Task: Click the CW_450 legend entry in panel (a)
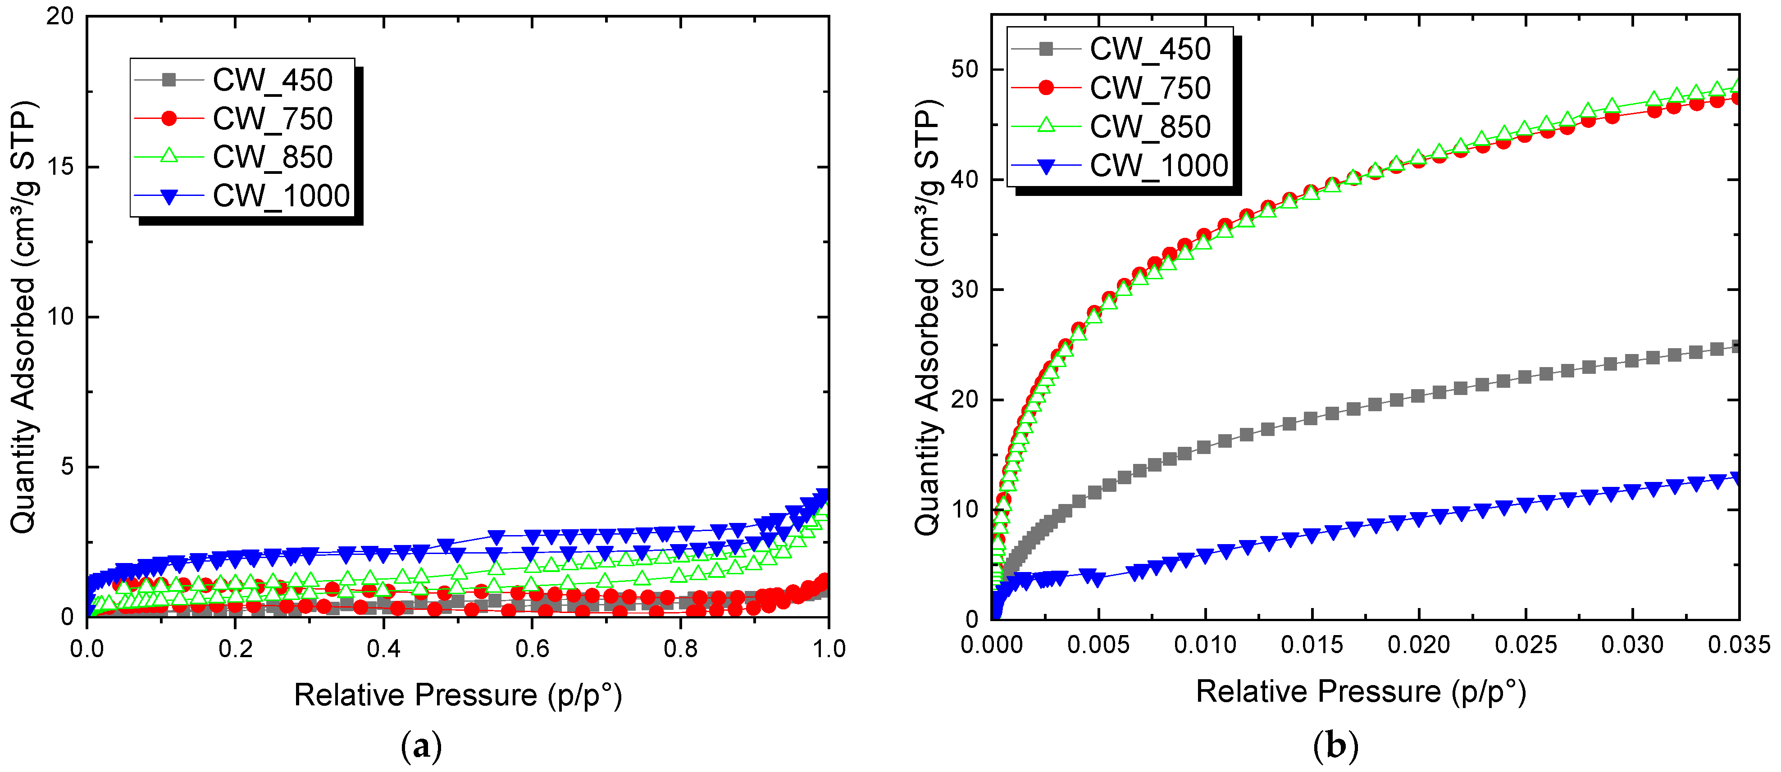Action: [x=273, y=80]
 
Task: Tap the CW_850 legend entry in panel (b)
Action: [x=1150, y=127]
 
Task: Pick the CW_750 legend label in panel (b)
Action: [x=1150, y=88]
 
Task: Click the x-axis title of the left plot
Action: [x=458, y=695]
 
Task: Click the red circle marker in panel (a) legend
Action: [x=169, y=119]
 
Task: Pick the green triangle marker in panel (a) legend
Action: [x=169, y=157]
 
